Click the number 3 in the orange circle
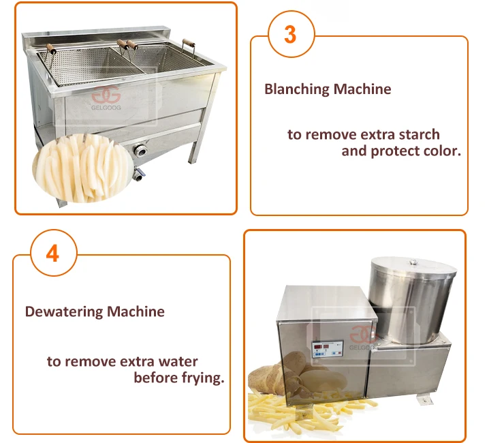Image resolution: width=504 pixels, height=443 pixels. [x=290, y=35]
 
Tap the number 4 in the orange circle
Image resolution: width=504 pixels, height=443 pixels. [x=52, y=254]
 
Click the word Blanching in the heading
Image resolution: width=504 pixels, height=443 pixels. [x=296, y=89]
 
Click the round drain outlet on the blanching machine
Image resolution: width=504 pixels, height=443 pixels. [x=140, y=150]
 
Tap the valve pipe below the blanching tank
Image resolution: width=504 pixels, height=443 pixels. [x=139, y=174]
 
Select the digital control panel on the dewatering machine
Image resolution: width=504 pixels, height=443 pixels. [x=327, y=350]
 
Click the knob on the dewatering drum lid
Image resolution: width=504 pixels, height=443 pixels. [x=414, y=262]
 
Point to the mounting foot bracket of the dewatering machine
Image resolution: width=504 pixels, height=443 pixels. [x=425, y=399]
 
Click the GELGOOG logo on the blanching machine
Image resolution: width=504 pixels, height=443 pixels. [x=106, y=97]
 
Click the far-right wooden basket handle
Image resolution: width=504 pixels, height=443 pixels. [x=189, y=43]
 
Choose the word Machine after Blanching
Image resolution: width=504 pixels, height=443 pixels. [x=362, y=89]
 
